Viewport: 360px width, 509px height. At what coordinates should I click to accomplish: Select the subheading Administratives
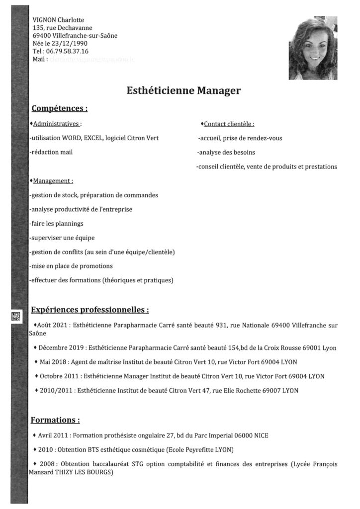pos(56,123)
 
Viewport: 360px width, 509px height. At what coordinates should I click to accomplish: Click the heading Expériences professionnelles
pos(90,310)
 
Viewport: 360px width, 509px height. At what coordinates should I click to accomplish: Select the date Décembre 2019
pos(60,348)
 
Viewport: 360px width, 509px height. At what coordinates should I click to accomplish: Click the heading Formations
pos(55,421)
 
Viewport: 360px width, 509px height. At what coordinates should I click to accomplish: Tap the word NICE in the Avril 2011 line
pos(260,435)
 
